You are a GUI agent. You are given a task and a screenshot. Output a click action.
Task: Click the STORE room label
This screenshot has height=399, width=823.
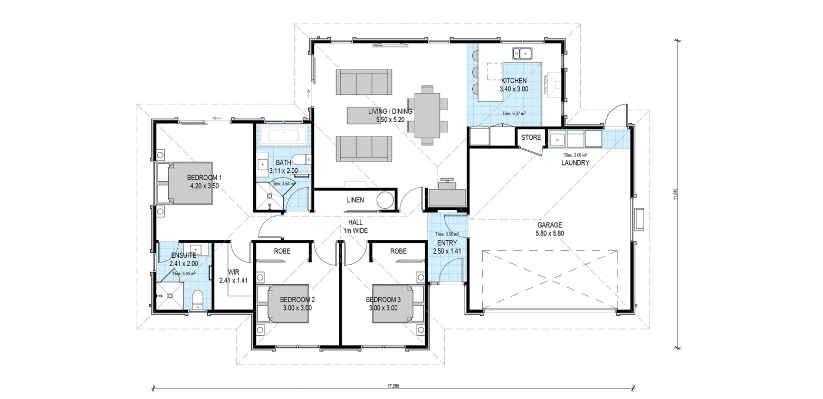531,137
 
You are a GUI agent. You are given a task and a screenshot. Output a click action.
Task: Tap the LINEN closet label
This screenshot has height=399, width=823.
355,200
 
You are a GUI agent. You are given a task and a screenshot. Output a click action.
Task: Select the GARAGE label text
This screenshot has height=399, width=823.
550,225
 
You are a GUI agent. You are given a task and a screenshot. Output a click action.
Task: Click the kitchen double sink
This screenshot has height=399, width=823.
522,54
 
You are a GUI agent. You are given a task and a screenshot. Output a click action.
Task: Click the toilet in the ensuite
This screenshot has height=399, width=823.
198,299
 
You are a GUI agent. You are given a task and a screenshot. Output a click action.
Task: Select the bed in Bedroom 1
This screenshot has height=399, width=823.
185,183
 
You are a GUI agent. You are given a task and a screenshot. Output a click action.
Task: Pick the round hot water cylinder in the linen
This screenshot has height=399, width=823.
386,200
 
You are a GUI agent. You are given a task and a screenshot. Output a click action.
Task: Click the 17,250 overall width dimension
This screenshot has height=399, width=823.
393,386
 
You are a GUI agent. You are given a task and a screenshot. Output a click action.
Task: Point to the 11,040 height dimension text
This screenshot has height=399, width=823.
675,194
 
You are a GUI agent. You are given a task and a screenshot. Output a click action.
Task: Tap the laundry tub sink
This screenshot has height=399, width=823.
558,139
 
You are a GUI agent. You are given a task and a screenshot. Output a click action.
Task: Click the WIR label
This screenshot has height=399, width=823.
234,272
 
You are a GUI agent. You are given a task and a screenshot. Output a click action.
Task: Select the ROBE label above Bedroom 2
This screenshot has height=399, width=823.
282,251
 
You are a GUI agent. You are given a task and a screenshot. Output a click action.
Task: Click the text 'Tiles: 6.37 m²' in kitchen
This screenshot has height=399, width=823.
514,113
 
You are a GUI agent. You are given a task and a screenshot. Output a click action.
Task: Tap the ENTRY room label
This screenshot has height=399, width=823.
447,243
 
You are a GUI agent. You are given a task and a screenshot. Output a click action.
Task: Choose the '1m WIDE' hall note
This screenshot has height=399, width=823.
355,231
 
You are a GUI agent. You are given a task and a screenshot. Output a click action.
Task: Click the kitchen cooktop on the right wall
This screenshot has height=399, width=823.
552,83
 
